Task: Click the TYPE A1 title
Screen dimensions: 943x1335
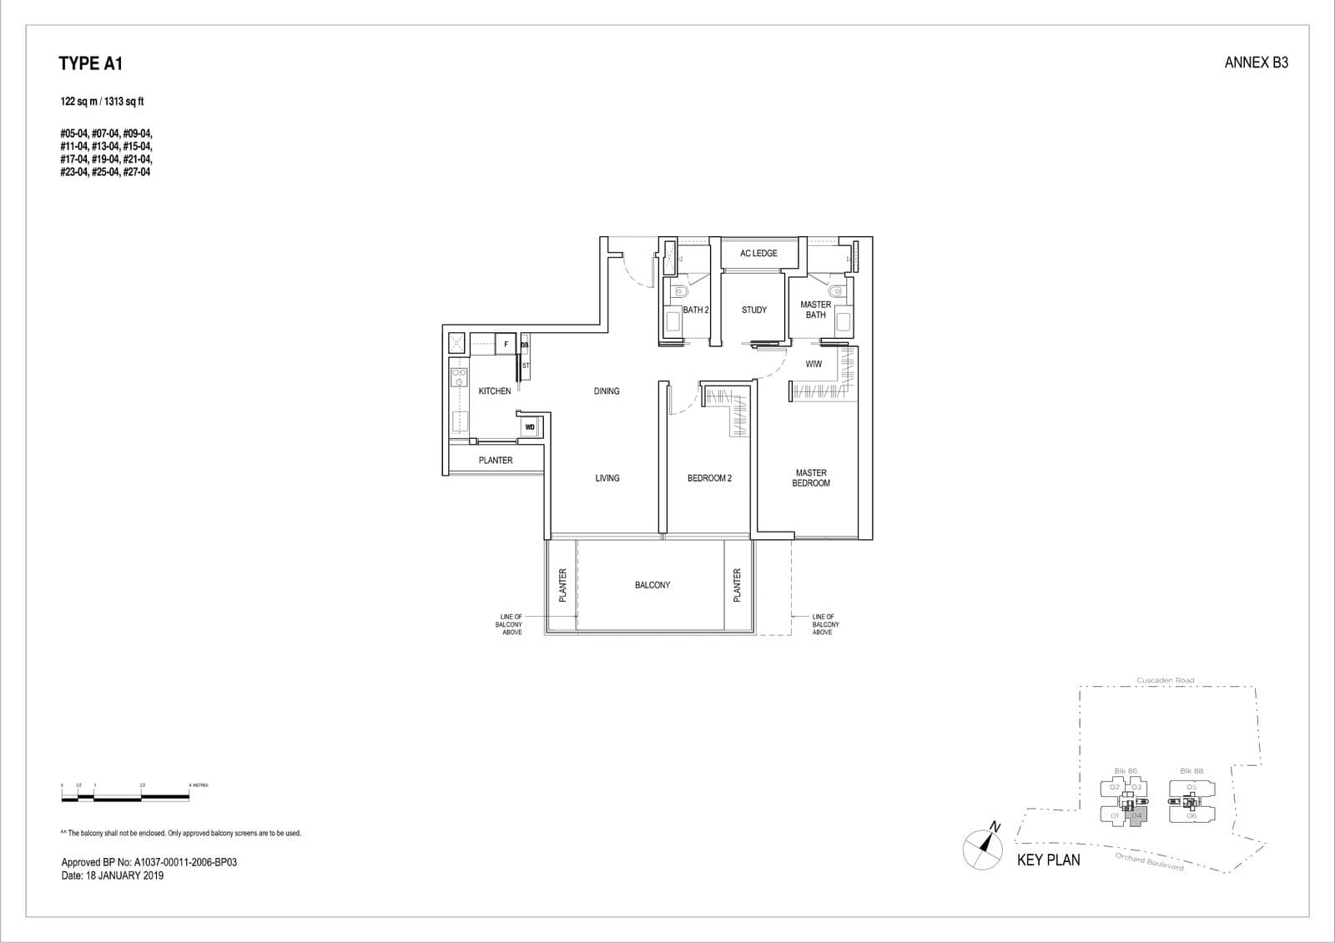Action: coord(91,63)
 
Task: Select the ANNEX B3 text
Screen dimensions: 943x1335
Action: coord(1256,63)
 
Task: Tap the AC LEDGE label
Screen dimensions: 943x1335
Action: coord(758,254)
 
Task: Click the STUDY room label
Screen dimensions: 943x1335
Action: coord(754,310)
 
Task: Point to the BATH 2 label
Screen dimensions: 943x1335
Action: coord(696,310)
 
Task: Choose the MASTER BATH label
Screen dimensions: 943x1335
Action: coord(815,310)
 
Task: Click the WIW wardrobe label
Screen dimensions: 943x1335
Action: coord(814,364)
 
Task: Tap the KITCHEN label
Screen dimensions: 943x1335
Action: coord(495,391)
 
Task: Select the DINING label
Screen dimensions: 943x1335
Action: coord(607,391)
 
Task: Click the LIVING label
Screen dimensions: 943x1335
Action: coord(607,478)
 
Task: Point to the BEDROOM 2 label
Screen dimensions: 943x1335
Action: coord(709,478)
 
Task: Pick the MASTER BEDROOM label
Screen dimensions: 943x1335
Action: coord(811,478)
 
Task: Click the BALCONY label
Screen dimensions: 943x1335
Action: coord(652,586)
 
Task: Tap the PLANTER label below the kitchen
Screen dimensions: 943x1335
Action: coord(496,461)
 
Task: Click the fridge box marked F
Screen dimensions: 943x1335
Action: coord(506,344)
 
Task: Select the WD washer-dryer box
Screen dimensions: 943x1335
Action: coord(530,427)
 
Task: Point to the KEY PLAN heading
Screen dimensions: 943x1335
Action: coord(1048,860)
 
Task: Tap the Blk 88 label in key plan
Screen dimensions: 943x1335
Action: coord(1191,771)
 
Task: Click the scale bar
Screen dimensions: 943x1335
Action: coord(125,798)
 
